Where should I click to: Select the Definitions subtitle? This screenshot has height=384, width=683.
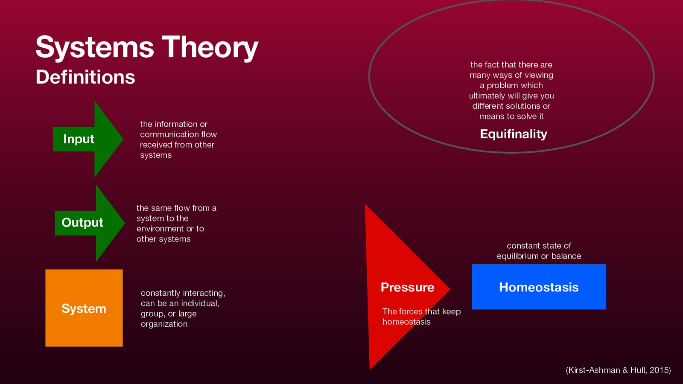tap(85, 77)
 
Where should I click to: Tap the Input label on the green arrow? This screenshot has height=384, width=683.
tap(79, 139)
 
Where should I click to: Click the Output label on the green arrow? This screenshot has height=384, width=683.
tap(82, 222)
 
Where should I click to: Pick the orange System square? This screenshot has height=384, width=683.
tap(84, 308)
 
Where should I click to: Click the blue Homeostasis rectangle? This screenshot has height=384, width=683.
tap(539, 287)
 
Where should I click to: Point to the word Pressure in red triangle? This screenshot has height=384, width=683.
tap(407, 287)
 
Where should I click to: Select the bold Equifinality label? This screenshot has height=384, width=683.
tap(514, 134)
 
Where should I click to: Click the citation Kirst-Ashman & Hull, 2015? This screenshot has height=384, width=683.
tap(618, 370)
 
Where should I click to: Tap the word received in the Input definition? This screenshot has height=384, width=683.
tap(156, 145)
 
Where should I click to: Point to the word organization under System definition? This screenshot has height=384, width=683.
tap(164, 324)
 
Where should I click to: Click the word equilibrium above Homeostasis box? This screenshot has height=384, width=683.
tap(517, 256)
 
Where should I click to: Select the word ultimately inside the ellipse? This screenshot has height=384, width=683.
tap(487, 96)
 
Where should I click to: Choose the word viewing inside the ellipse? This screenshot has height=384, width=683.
tap(539, 75)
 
